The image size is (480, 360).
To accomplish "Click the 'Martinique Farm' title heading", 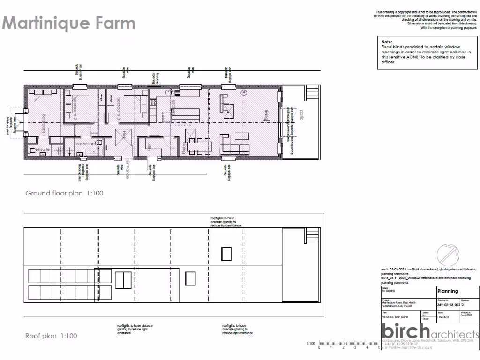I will pos(69,23).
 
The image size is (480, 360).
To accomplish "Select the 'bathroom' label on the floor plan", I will pos(86,143).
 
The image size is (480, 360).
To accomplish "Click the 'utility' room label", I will pos(149,146).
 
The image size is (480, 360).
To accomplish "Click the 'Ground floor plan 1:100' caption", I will pos(64,193).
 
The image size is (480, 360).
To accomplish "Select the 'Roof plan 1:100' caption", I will pos(51,336).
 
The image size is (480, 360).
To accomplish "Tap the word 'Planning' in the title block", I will pos(448,291).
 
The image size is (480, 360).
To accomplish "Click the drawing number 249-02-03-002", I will pos(449,305).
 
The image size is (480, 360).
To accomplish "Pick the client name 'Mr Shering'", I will pos(389,291).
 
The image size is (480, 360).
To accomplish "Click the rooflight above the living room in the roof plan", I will pos(227,254).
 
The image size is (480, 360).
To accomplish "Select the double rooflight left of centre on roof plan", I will pos(123,279).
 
